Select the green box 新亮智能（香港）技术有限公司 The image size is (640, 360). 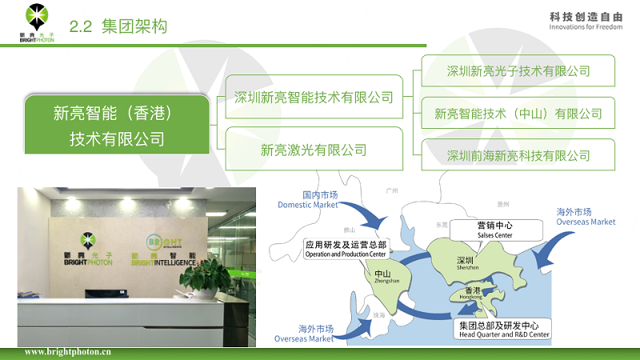[x=118, y=125]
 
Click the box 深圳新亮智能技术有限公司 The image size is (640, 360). [x=314, y=98]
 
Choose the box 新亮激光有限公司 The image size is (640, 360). [x=314, y=149]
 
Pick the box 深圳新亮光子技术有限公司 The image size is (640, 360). [x=518, y=71]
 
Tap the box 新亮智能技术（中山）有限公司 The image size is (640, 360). [x=518, y=114]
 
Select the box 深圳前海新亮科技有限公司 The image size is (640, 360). [x=518, y=155]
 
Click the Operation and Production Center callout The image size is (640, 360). [x=346, y=249]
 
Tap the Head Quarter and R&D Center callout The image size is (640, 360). [x=503, y=330]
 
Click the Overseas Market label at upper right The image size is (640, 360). [x=586, y=217]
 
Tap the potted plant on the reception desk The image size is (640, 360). [x=206, y=276]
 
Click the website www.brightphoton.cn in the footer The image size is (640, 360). [x=68, y=352]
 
